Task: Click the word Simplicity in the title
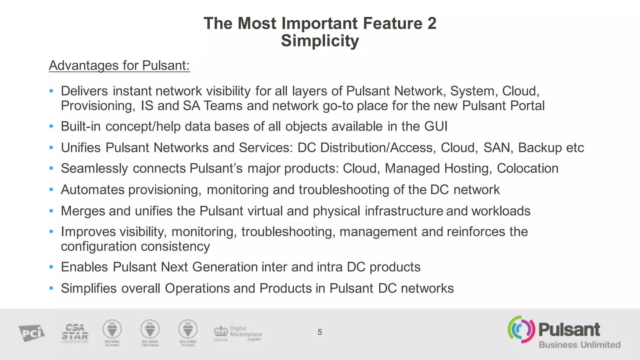click(320, 41)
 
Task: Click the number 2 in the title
click(432, 23)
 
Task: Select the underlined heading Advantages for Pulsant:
click(119, 66)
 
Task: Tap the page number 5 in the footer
click(320, 332)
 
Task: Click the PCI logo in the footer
click(32, 333)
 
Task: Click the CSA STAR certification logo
click(75, 333)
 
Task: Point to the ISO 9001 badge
click(112, 332)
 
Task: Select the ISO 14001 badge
click(150, 332)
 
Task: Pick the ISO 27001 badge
click(188, 332)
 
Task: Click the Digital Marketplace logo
click(238, 334)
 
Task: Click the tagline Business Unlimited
click(579, 345)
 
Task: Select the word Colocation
click(527, 168)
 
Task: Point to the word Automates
click(92, 190)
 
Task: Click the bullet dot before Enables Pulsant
click(51, 267)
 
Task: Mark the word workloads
click(501, 211)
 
